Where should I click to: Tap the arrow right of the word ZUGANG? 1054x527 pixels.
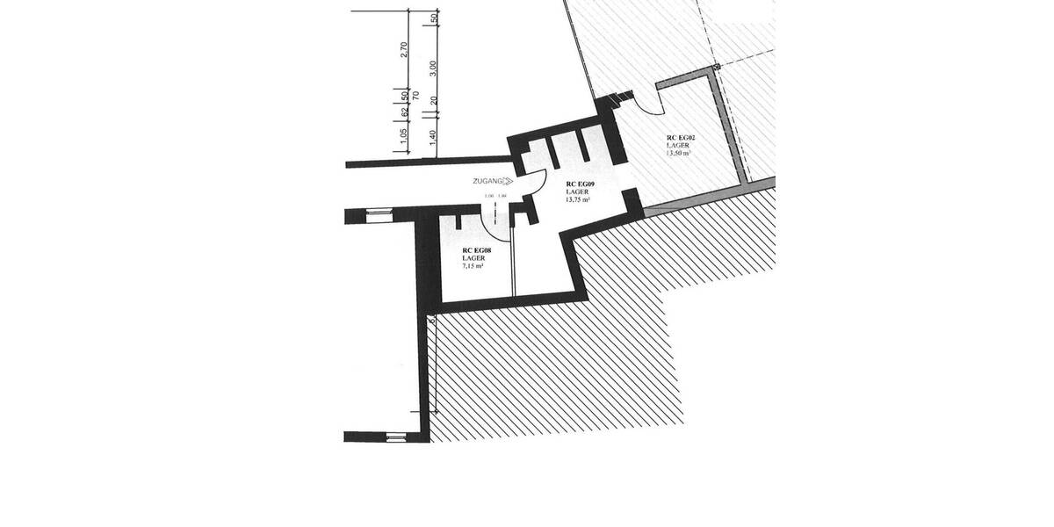point(508,181)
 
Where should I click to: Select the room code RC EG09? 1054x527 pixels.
point(581,184)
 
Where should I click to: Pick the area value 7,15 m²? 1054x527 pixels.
point(474,265)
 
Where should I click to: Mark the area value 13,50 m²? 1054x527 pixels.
point(678,153)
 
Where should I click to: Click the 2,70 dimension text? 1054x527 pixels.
point(404,49)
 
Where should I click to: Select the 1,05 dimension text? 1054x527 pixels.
point(404,136)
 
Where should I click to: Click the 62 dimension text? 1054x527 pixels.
point(404,112)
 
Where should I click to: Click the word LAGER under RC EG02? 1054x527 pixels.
point(676,146)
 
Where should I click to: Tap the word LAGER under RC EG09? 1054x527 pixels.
point(577,192)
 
